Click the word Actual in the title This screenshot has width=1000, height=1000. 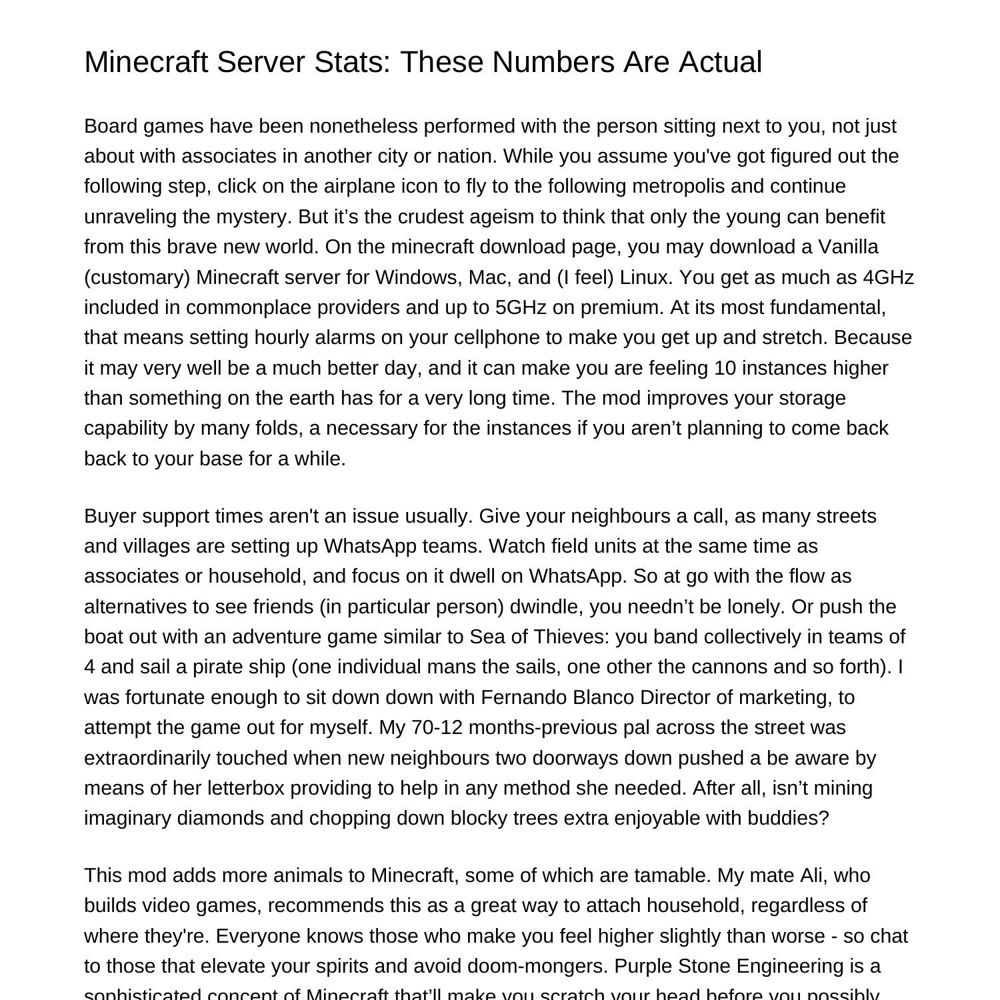click(720, 62)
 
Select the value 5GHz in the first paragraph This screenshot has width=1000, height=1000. click(521, 307)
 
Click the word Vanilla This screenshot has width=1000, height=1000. click(848, 247)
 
